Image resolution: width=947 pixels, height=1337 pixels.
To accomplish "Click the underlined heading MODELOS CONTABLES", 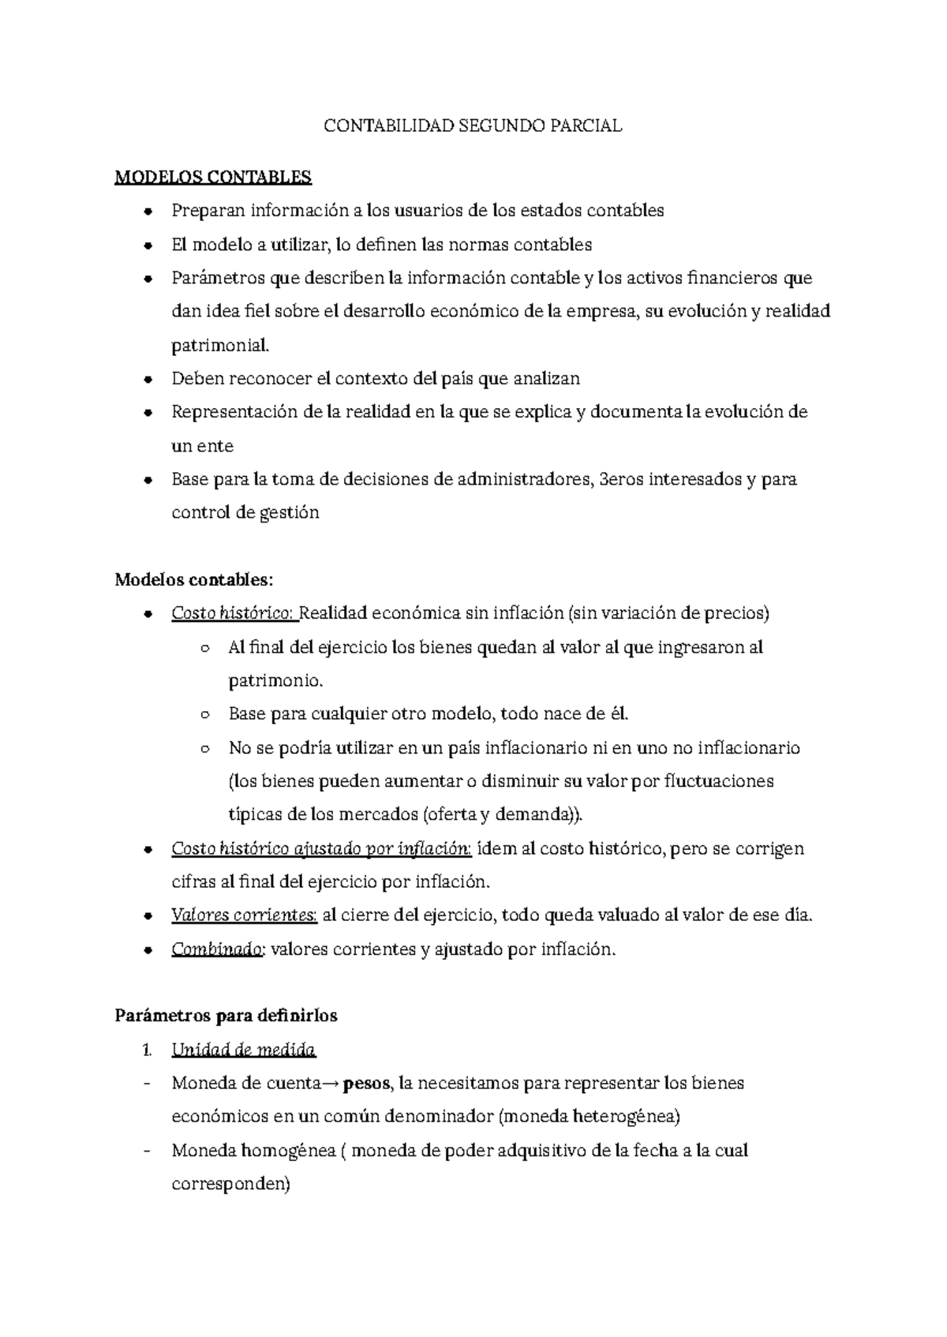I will (x=213, y=177).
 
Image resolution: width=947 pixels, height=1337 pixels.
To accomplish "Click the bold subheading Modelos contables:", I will (x=193, y=580).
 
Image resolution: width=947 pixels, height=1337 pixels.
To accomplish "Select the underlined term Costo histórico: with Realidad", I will (x=234, y=613).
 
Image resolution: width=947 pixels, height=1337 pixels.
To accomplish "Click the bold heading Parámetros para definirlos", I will (x=226, y=1016).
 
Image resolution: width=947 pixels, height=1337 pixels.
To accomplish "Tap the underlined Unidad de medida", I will (x=243, y=1050).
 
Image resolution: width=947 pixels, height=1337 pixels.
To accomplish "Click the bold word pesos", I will (x=371, y=1084).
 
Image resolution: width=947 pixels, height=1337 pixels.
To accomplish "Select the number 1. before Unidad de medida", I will (x=147, y=1050).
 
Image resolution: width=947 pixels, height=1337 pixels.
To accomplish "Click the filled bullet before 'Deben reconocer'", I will (x=148, y=380).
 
